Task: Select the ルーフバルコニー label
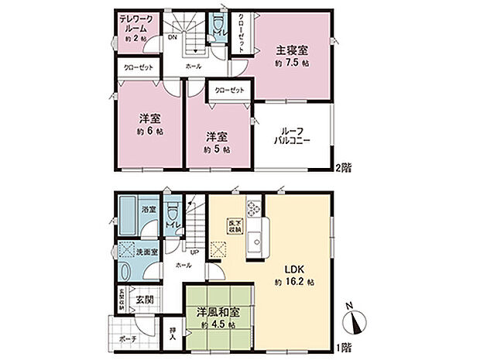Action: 293,136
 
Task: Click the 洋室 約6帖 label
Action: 150,124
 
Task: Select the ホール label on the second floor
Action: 194,67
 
